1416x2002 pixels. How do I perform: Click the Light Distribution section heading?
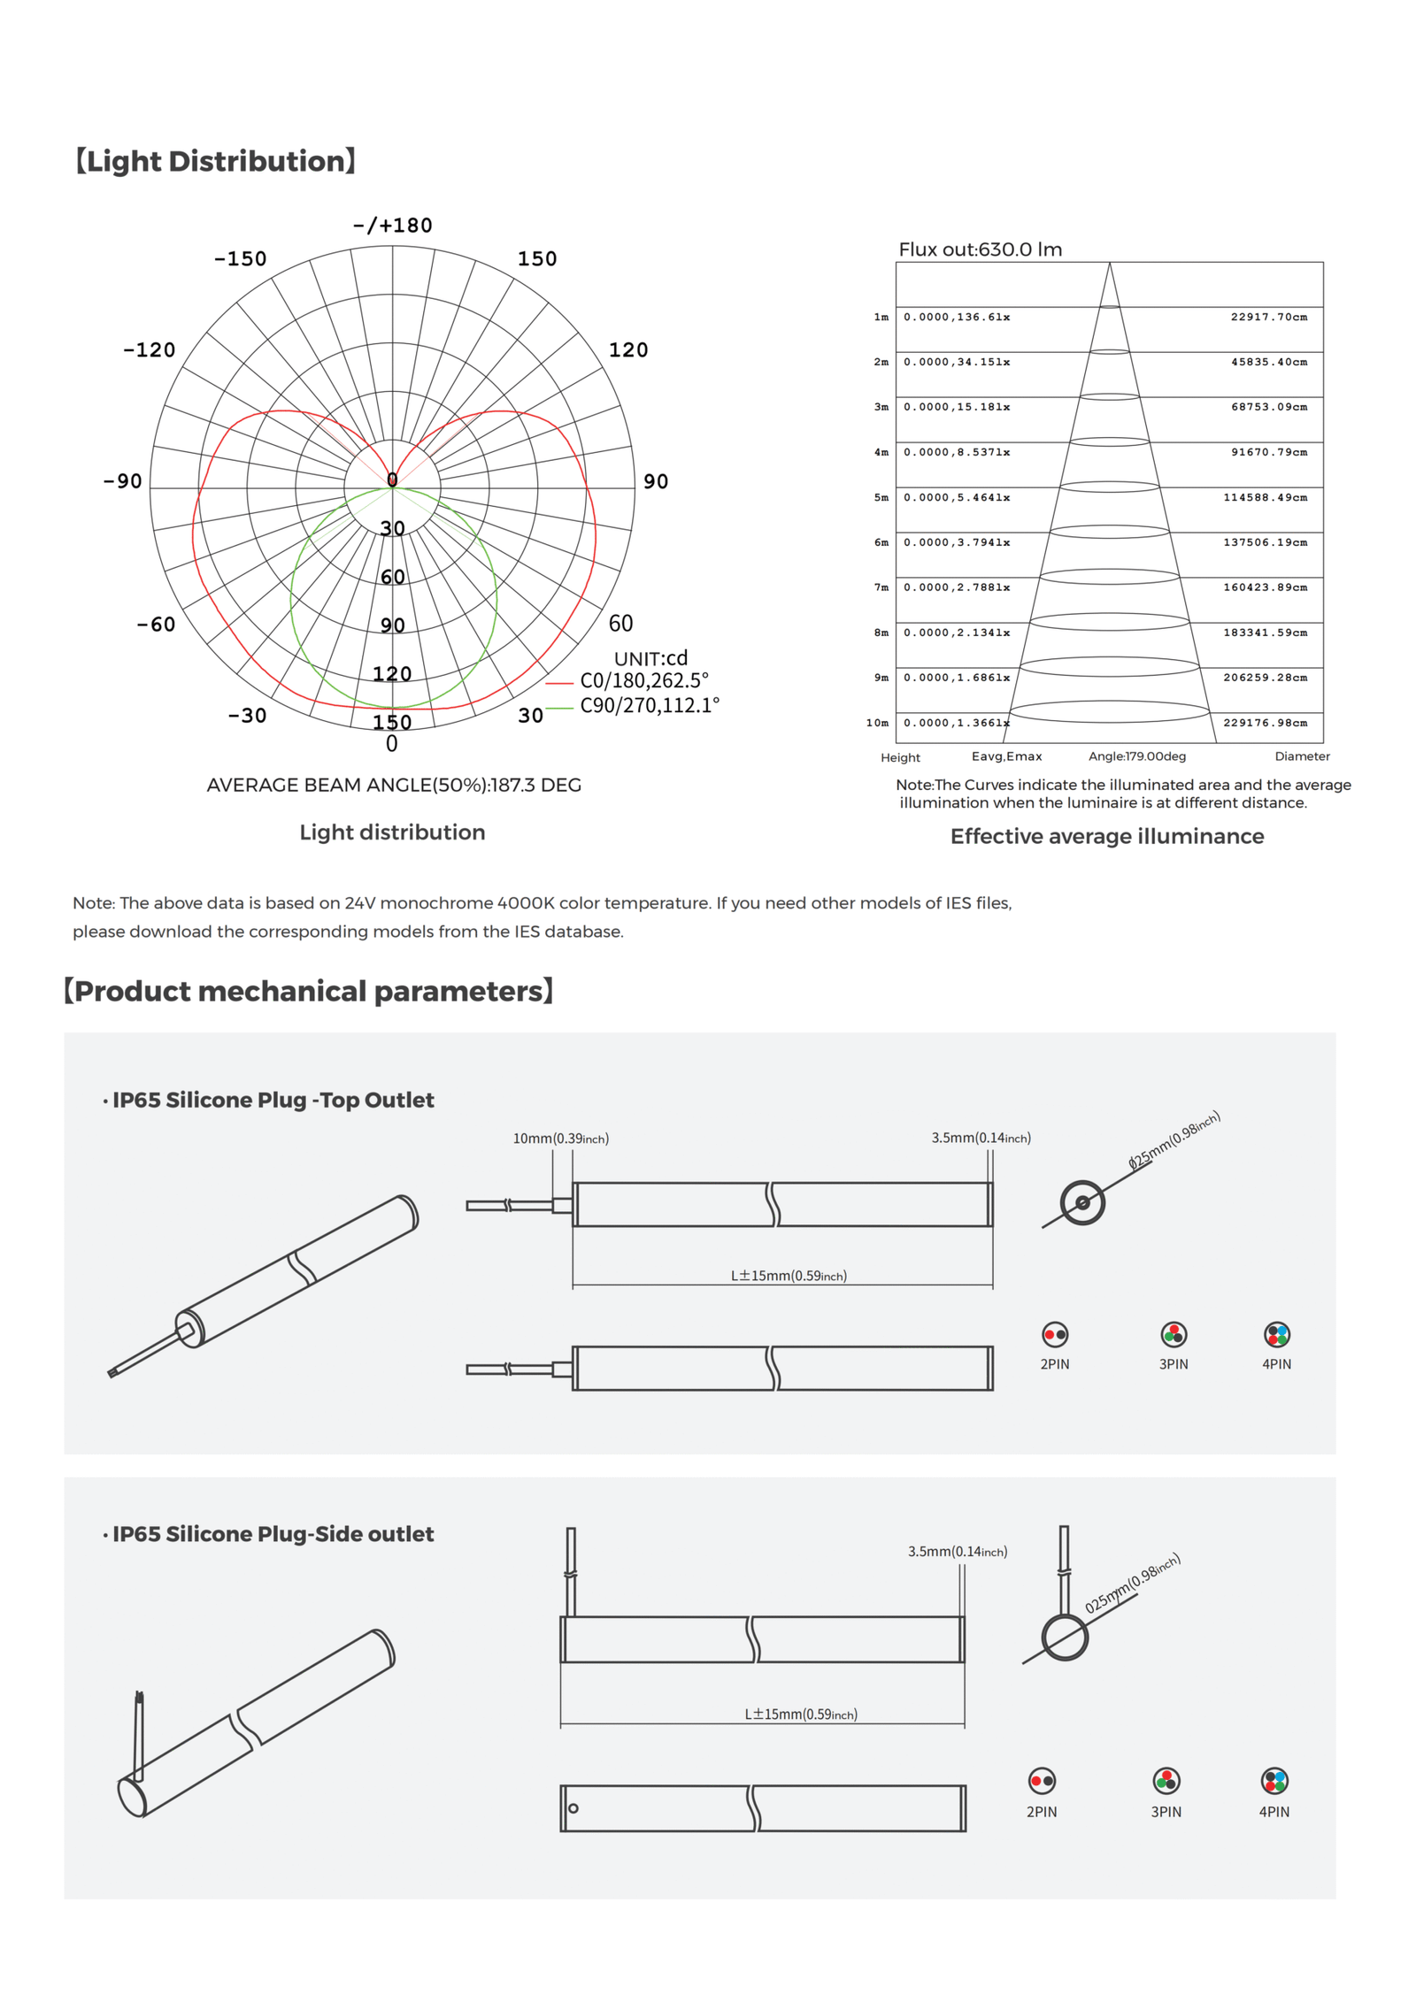click(x=215, y=161)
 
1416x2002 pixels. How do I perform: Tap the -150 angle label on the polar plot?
click(x=240, y=259)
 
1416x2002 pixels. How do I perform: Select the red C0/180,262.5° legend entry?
click(x=643, y=680)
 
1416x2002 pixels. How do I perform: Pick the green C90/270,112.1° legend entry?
click(x=649, y=705)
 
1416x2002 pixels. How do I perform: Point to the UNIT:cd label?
click(x=650, y=658)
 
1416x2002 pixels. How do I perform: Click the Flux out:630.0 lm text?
click(x=980, y=249)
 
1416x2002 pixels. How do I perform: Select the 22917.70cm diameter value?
click(x=1268, y=317)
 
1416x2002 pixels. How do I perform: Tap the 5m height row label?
click(x=881, y=497)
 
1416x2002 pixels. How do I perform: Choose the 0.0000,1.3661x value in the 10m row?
click(x=956, y=723)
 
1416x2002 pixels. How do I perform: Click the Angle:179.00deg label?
click(x=1136, y=756)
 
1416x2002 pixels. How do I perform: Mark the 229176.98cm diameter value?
click(x=1265, y=723)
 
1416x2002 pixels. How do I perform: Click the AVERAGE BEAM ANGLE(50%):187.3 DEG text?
click(x=394, y=785)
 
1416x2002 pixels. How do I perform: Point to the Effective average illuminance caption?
click(x=1106, y=836)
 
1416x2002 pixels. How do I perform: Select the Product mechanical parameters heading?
click(x=309, y=991)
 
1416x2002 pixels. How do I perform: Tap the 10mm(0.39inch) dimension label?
click(x=560, y=1139)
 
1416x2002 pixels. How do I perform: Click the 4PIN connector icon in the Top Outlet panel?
click(x=1276, y=1334)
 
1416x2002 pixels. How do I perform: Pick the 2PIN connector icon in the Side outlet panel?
click(x=1042, y=1780)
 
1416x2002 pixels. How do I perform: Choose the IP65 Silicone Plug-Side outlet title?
click(x=273, y=1534)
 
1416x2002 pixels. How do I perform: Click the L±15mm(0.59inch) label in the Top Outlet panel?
click(x=788, y=1276)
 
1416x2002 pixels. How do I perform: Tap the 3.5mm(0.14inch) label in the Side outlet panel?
click(x=957, y=1552)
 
